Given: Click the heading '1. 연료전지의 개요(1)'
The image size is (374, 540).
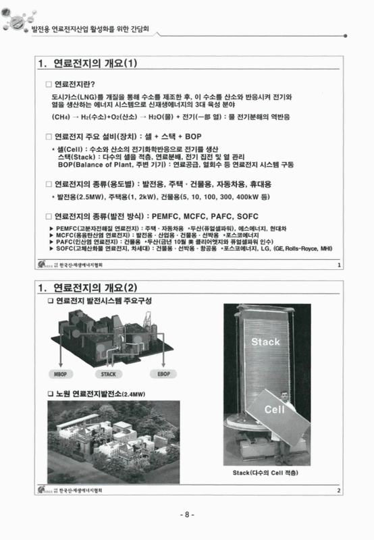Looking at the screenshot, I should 88,64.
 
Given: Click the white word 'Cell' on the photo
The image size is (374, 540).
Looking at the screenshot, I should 274,408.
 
